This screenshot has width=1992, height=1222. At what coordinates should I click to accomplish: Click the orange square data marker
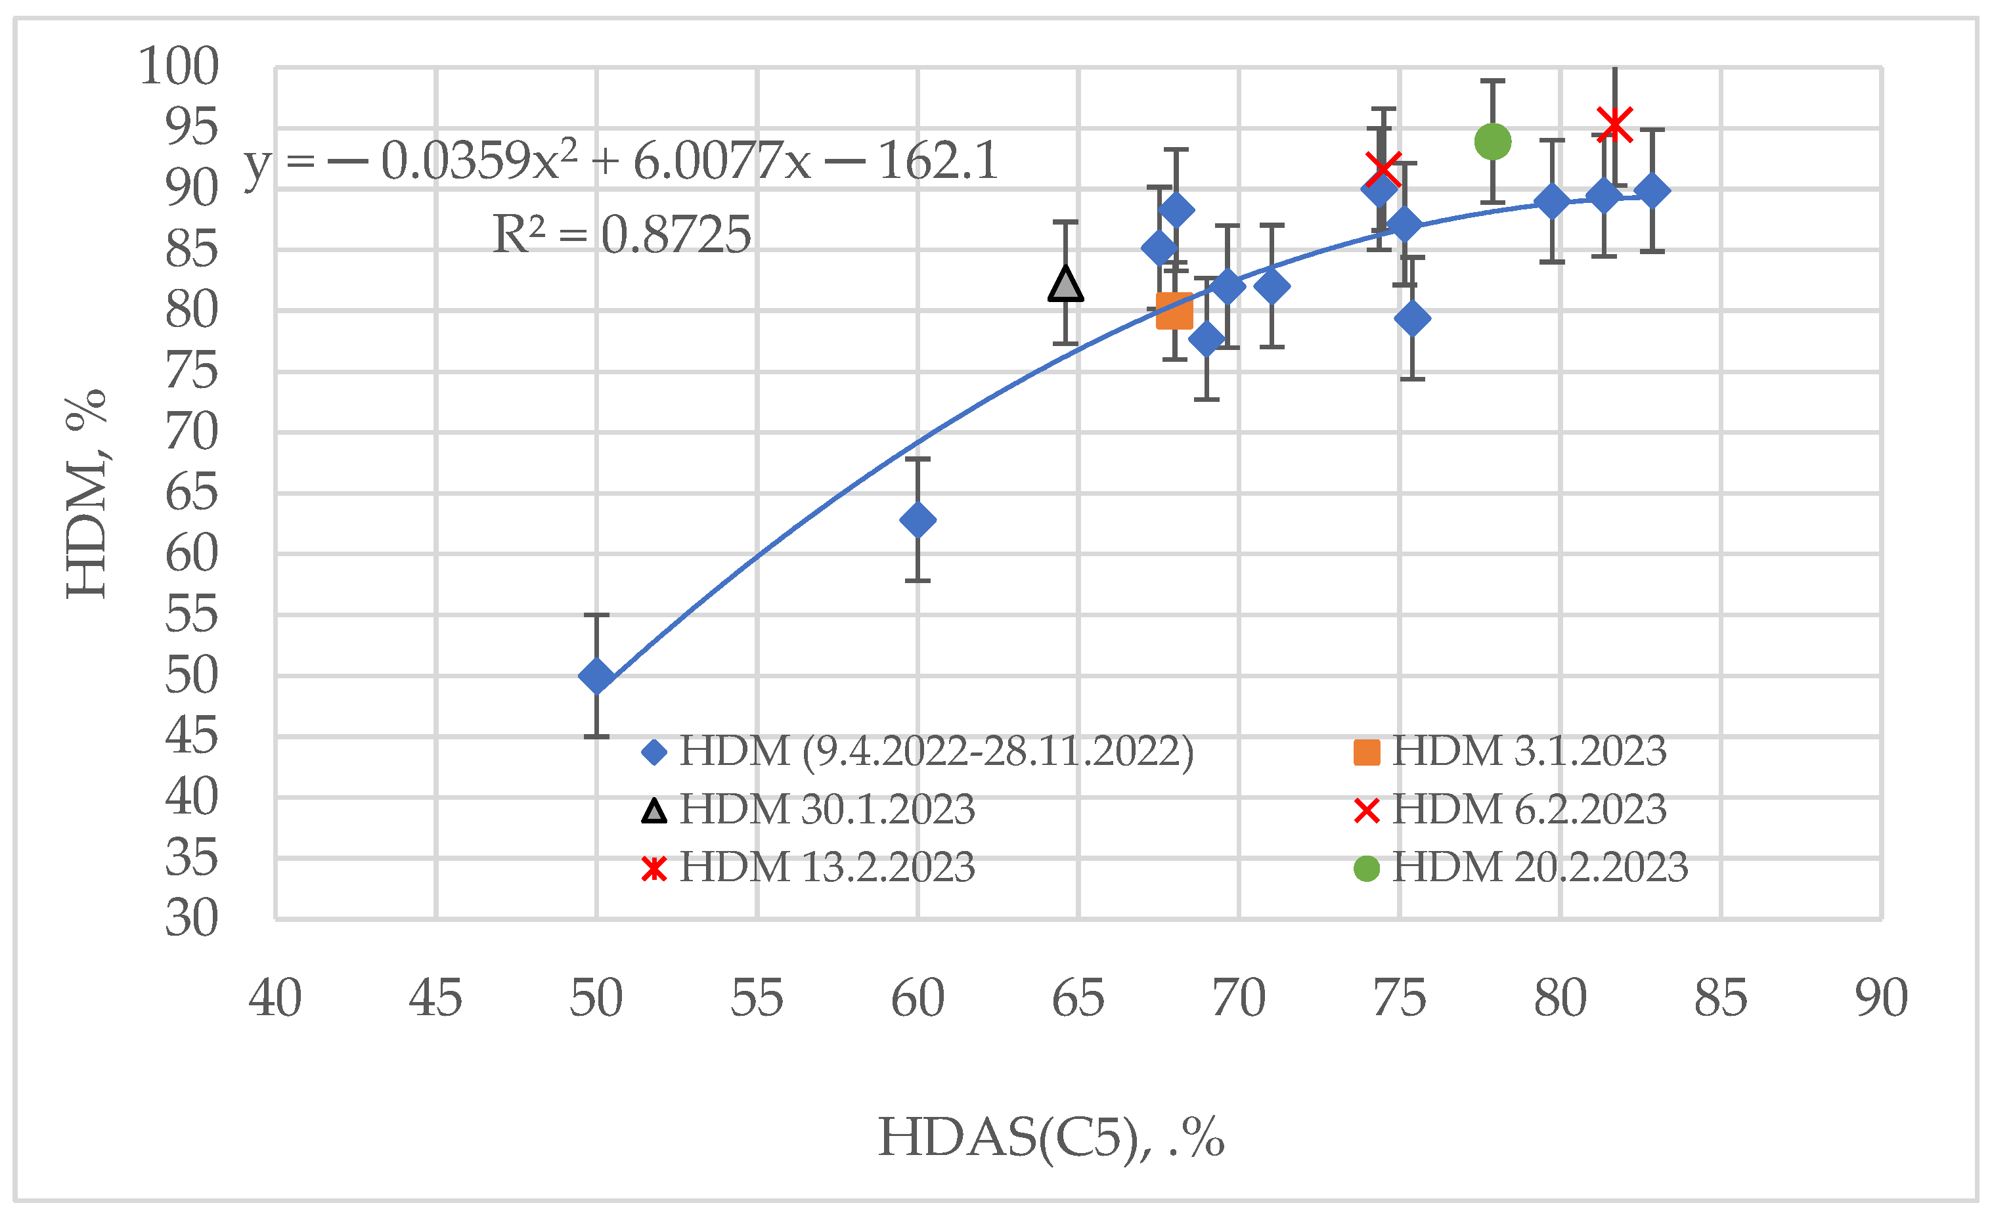(1174, 311)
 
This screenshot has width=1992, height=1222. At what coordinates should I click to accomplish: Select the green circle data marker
(1492, 141)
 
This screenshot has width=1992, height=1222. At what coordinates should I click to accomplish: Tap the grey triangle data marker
(1065, 284)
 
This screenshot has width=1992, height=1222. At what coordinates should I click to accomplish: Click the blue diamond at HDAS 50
(596, 676)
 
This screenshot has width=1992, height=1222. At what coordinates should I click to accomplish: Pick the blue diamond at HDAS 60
(918, 519)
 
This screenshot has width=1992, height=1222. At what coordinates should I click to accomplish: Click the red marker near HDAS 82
(1614, 123)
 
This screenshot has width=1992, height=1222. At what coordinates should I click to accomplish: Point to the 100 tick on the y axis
(179, 66)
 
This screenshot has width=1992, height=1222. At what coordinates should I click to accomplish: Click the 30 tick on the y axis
(192, 919)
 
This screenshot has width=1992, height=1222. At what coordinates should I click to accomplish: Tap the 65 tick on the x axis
(1078, 999)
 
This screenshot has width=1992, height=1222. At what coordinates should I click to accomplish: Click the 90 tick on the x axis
(1881, 999)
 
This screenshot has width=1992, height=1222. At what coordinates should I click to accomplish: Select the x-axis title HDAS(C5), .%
(1051, 1138)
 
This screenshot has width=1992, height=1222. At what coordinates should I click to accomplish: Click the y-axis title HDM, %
(87, 493)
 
